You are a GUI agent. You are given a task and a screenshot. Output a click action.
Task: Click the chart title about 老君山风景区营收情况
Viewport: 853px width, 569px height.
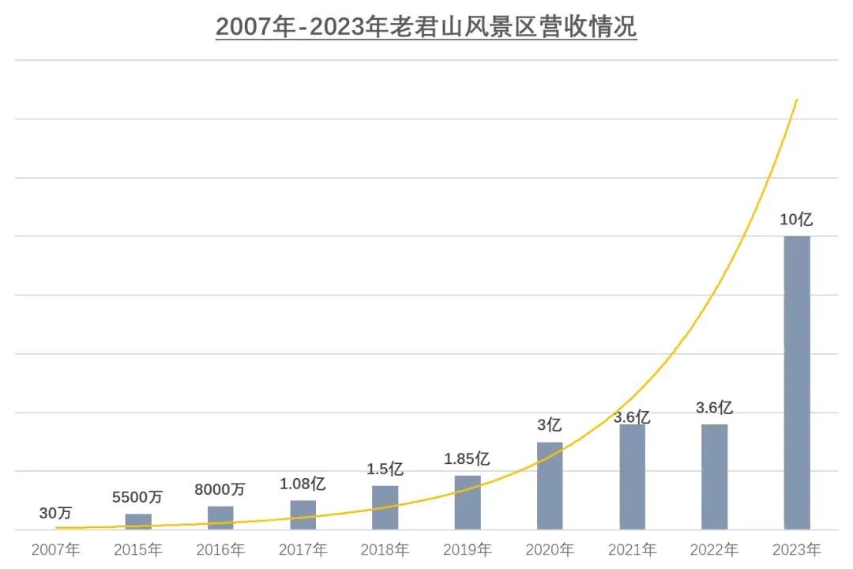click(426, 27)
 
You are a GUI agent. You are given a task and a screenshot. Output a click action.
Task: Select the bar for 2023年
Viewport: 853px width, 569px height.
click(797, 382)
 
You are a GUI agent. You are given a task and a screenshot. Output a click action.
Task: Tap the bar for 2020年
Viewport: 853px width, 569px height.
click(550, 485)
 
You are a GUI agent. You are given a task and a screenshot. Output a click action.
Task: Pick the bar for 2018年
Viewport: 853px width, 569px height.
click(385, 507)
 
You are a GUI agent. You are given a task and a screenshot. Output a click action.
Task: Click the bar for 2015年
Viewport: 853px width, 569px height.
click(138, 522)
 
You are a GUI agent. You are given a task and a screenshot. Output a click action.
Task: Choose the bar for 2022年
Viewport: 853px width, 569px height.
click(714, 477)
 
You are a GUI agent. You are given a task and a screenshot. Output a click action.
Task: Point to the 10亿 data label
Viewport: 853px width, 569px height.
click(796, 220)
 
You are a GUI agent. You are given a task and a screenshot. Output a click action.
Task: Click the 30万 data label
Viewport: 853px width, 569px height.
click(56, 513)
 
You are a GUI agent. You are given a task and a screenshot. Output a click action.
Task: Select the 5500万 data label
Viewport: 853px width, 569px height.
click(137, 497)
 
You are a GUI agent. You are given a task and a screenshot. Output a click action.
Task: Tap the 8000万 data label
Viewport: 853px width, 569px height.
click(220, 489)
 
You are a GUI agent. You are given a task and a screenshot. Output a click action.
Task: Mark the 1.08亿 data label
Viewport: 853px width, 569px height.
click(302, 484)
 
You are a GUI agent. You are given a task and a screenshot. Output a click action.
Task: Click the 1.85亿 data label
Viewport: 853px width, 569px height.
click(467, 458)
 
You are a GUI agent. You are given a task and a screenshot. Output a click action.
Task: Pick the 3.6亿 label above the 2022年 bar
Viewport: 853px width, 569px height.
click(714, 408)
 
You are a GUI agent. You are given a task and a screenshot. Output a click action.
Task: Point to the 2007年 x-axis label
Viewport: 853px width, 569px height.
click(56, 549)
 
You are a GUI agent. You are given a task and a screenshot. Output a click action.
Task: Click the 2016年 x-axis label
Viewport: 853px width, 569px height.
click(220, 549)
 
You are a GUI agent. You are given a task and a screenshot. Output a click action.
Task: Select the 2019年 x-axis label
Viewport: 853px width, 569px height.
click(468, 549)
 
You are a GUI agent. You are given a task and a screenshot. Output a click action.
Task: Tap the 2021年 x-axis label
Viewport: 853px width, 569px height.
click(632, 549)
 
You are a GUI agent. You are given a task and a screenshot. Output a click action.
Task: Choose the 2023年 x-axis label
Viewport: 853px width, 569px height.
click(797, 549)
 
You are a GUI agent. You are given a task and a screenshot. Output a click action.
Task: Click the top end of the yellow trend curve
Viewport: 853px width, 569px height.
click(797, 100)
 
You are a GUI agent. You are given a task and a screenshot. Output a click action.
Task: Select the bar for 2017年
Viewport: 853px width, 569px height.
click(302, 514)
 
